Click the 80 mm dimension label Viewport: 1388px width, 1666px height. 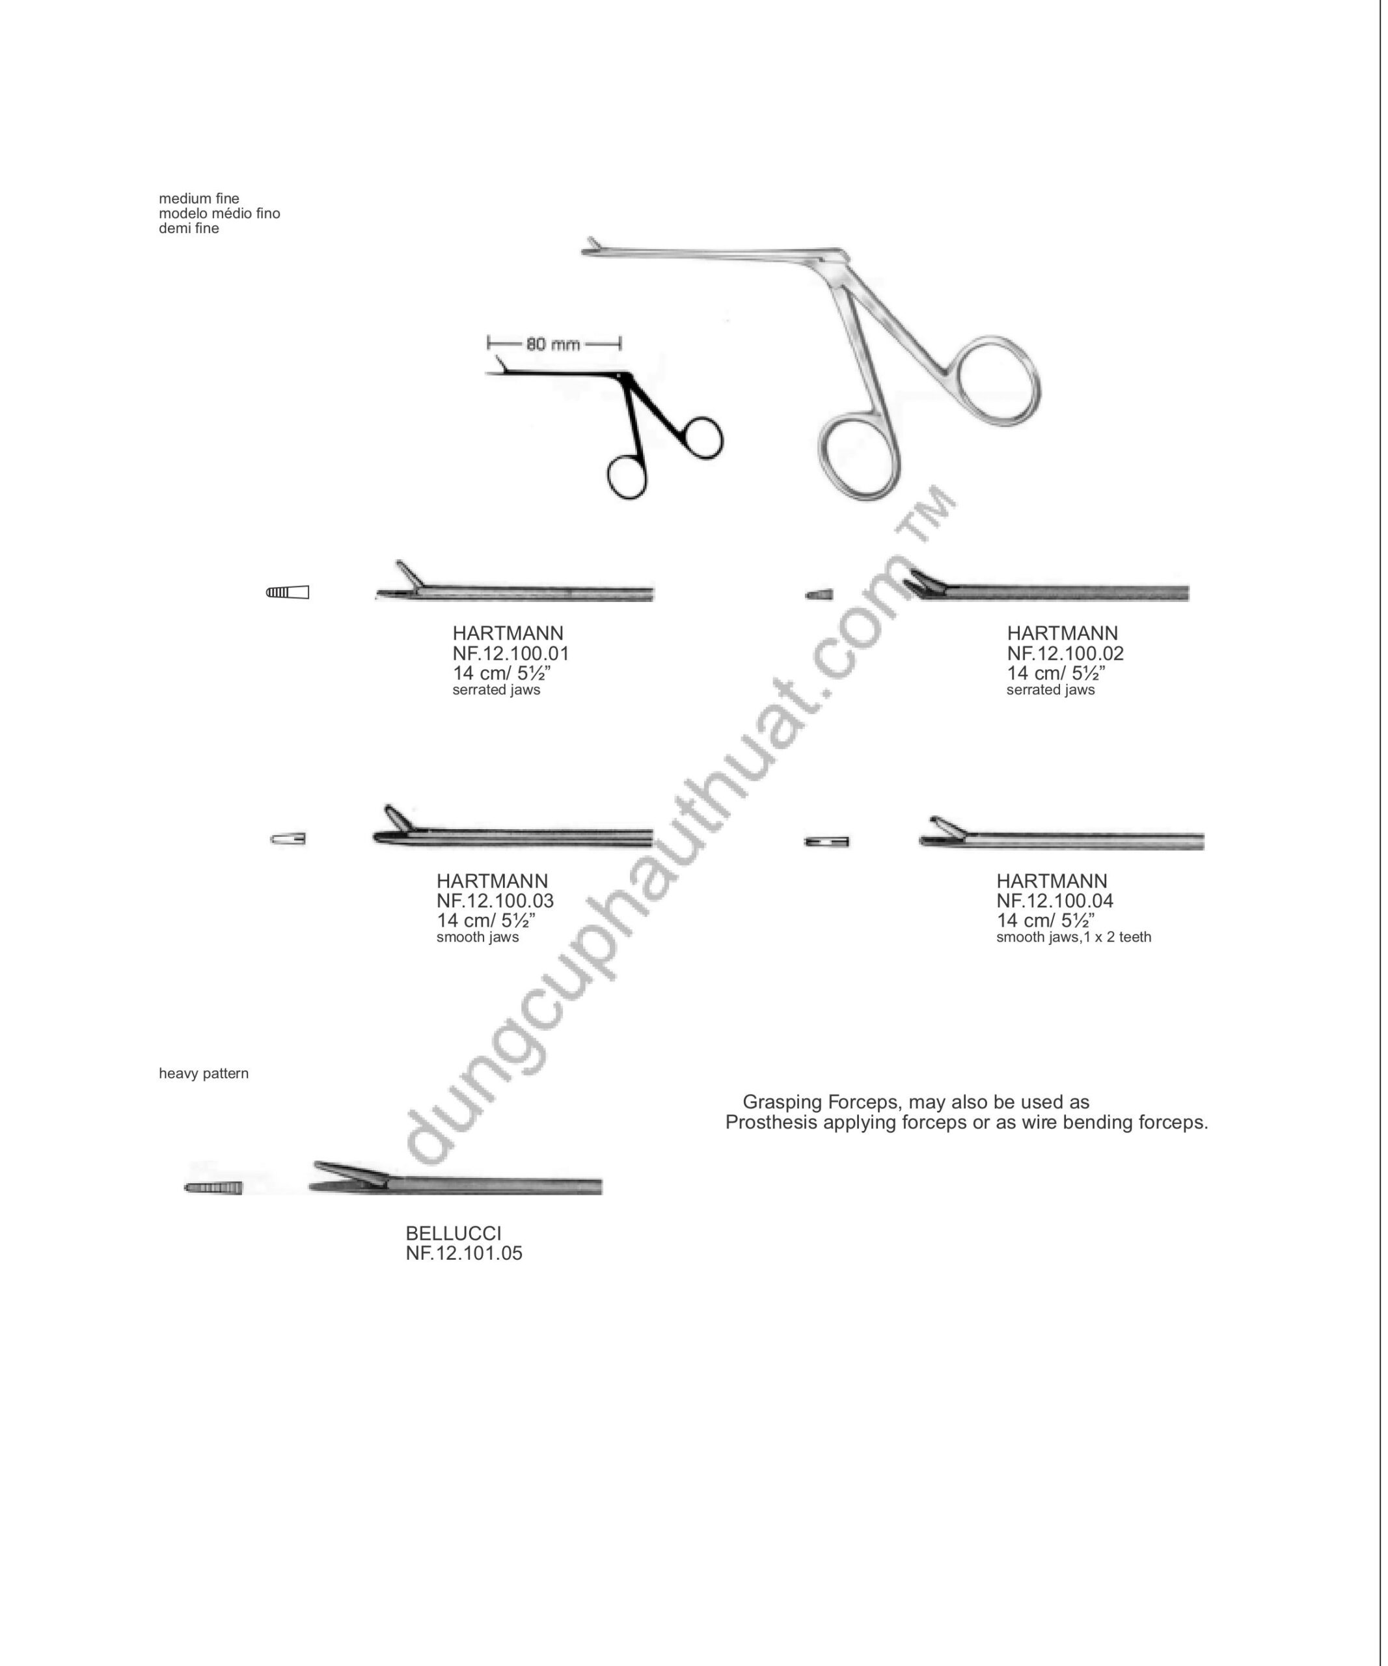[x=553, y=344]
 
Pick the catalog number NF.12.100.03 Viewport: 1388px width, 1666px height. [x=495, y=901]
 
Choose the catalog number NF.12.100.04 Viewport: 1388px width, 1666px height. [x=1055, y=901]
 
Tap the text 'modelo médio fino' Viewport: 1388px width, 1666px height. [x=220, y=213]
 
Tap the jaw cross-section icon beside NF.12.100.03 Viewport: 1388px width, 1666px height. [x=288, y=839]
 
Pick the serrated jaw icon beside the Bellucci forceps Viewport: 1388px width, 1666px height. [x=213, y=1188]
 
